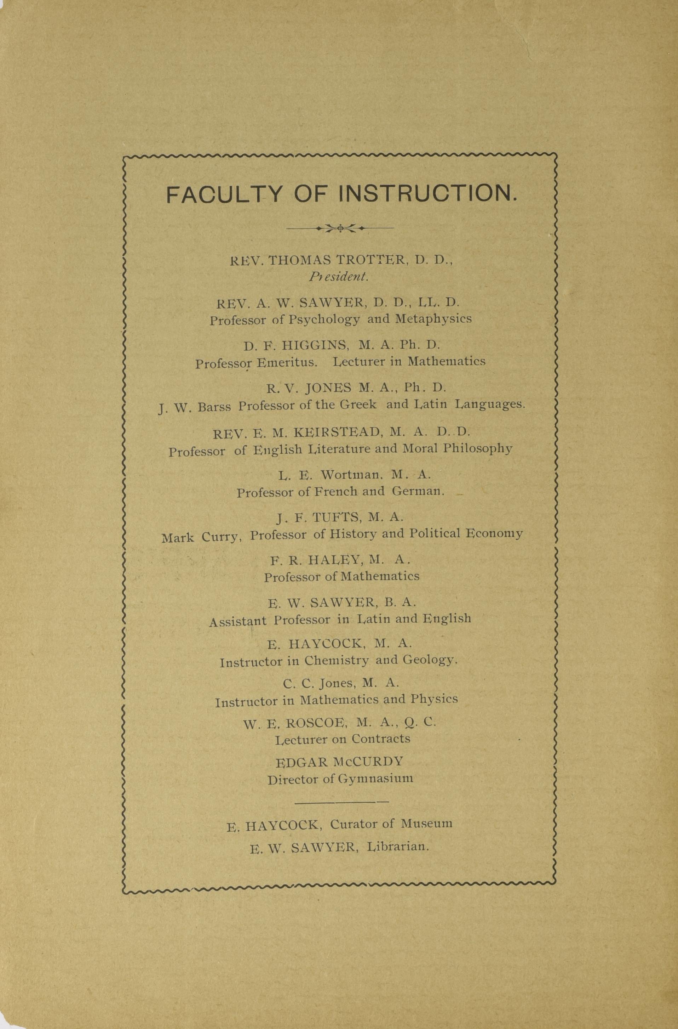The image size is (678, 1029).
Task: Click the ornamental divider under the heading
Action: pyautogui.click(x=340, y=228)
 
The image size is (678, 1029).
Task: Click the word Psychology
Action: pyautogui.click(x=324, y=320)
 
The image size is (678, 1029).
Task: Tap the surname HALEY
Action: pyautogui.click(x=333, y=560)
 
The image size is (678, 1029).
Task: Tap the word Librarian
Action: pyautogui.click(x=397, y=847)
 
